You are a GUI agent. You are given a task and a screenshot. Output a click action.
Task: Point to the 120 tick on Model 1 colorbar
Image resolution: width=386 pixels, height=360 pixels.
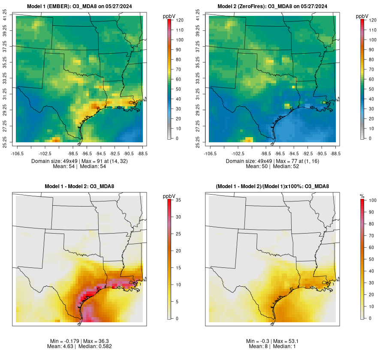(x=181, y=20)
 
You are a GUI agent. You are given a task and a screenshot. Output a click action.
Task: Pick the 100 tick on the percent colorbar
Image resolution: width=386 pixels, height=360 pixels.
(x=373, y=200)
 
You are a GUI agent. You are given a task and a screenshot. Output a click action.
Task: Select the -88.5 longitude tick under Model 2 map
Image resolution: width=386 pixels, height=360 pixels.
(x=336, y=153)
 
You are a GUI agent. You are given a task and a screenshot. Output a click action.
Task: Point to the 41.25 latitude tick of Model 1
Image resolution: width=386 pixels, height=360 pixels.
(x=5, y=16)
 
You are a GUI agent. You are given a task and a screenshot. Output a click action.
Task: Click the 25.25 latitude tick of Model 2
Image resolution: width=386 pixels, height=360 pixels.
(x=198, y=142)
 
